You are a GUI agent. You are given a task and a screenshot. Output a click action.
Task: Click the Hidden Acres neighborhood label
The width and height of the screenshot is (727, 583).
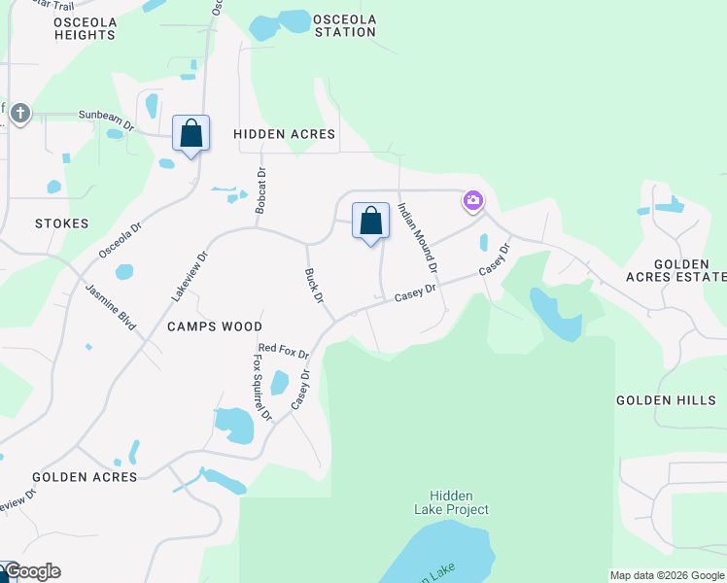coord(285,134)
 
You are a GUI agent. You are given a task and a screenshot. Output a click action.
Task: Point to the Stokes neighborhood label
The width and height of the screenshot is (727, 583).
coord(61,223)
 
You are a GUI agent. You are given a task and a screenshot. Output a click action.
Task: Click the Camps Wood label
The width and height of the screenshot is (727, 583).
coord(214,326)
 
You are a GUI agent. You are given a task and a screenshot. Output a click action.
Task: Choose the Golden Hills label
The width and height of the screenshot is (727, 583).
coord(666,400)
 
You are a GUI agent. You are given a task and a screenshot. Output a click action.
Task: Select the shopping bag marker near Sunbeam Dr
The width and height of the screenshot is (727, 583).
coord(190,134)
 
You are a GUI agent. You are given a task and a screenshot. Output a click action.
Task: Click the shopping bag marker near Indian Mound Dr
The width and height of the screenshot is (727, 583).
coord(370,221)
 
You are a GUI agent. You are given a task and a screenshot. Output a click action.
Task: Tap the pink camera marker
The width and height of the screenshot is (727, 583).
coord(473,201)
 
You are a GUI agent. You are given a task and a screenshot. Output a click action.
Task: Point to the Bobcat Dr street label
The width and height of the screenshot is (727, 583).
coord(260,193)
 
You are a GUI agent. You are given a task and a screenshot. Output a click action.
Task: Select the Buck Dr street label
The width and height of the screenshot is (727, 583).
coord(313,286)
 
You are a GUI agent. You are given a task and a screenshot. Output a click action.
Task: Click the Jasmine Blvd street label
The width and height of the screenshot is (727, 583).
coord(110,306)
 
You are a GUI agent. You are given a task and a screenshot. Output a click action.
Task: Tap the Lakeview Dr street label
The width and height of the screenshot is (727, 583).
coord(190,275)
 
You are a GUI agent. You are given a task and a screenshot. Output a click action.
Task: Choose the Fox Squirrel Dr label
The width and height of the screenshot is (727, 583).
coord(260,387)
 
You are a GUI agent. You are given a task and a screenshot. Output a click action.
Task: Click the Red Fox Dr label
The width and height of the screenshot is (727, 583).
coord(283,350)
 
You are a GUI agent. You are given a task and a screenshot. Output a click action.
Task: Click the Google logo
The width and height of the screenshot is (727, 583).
coord(32,571)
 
